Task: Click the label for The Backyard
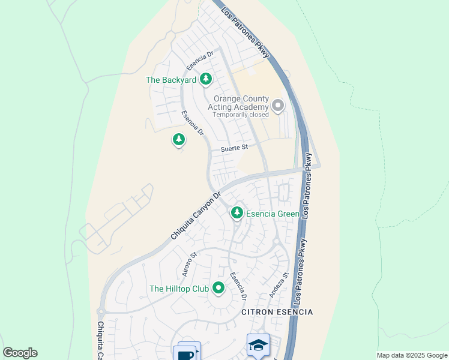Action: pyautogui.click(x=171, y=79)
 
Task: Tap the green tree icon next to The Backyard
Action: pyautogui.click(x=206, y=79)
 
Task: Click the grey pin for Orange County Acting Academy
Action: pyautogui.click(x=277, y=106)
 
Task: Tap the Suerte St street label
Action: pyautogui.click(x=234, y=148)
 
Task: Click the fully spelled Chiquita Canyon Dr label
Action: pyautogui.click(x=196, y=216)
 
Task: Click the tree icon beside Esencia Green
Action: pyautogui.click(x=237, y=212)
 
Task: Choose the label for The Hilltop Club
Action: pyautogui.click(x=179, y=289)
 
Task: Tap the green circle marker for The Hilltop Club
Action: pyautogui.click(x=218, y=289)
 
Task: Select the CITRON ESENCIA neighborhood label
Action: pyautogui.click(x=277, y=313)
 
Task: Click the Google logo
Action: pyautogui.click(x=20, y=353)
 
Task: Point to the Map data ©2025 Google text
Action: pyautogui.click(x=411, y=355)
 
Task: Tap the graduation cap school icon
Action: pyautogui.click(x=258, y=345)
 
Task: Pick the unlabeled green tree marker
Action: pyautogui.click(x=178, y=140)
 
